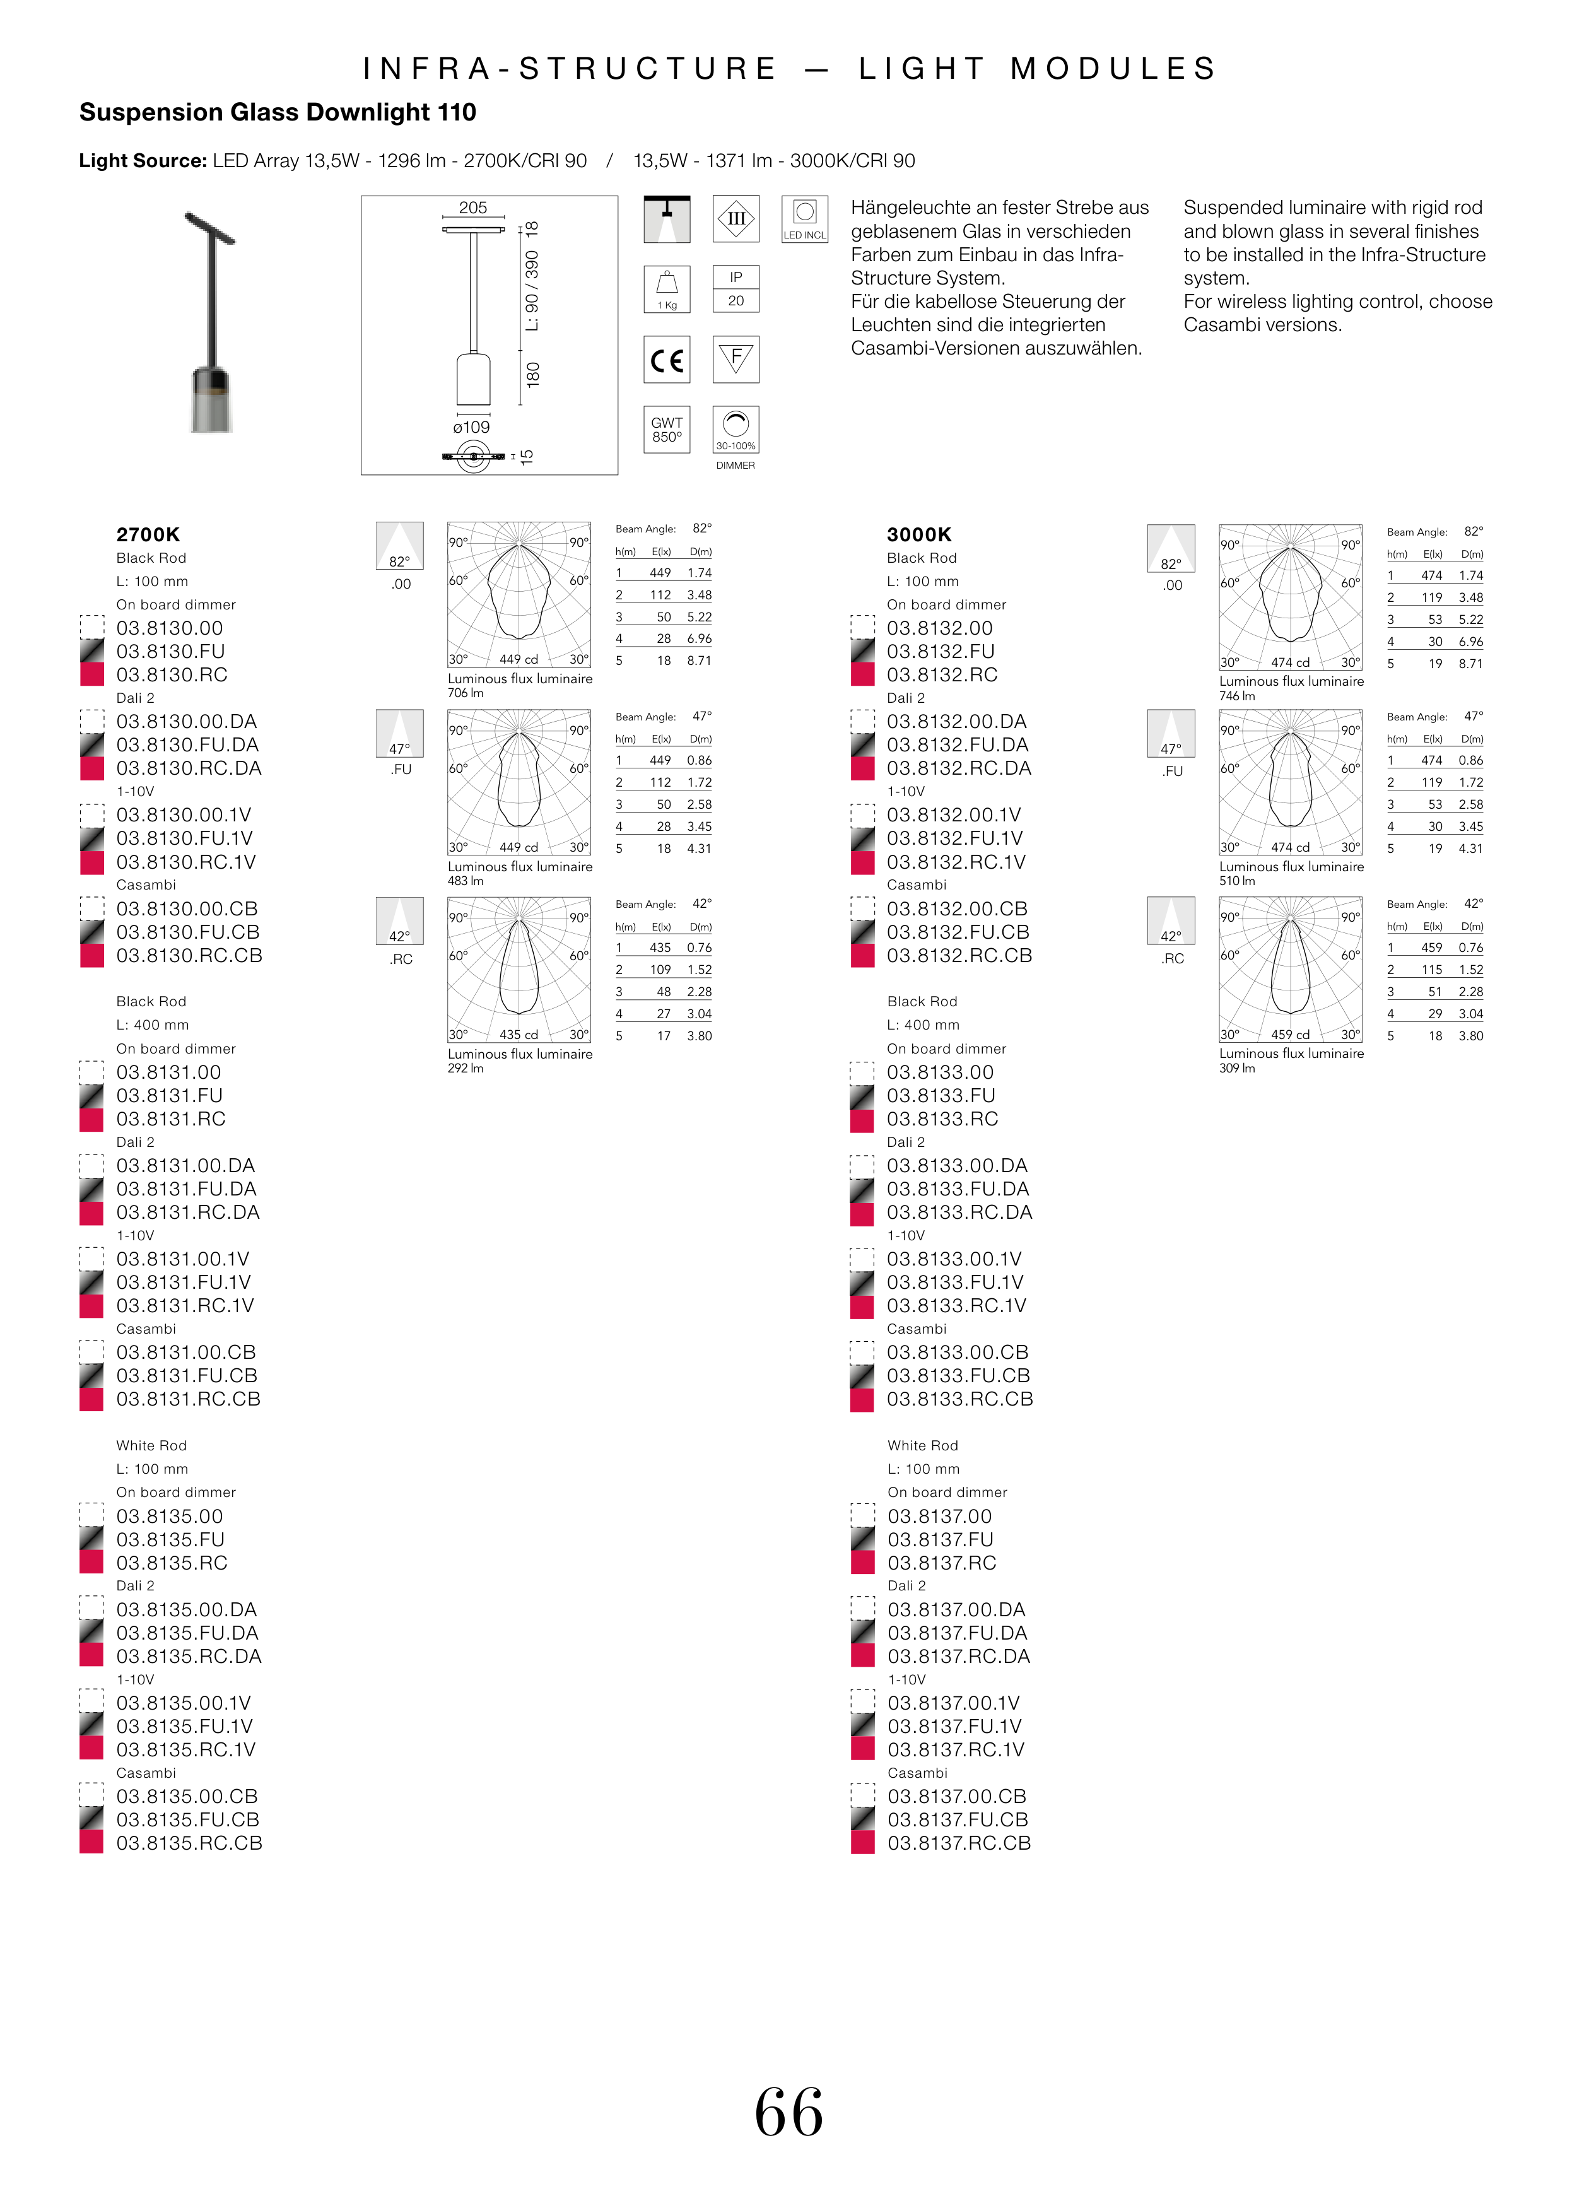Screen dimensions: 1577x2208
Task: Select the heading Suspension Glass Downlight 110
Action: click(278, 113)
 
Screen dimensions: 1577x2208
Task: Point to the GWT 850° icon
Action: click(667, 429)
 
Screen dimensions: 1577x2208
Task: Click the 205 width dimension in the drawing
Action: click(473, 208)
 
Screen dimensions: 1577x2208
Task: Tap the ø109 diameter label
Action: click(472, 427)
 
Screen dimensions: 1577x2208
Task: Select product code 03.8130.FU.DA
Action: click(187, 745)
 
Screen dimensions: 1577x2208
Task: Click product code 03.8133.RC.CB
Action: click(959, 1399)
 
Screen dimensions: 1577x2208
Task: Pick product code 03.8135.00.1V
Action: click(184, 1703)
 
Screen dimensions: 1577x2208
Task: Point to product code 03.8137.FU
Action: click(940, 1540)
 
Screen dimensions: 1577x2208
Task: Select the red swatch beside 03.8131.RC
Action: click(91, 1120)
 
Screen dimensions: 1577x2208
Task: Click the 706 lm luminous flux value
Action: click(465, 693)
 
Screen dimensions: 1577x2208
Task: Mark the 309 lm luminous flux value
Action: click(1237, 1068)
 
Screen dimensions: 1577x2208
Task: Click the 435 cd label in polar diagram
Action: click(519, 1035)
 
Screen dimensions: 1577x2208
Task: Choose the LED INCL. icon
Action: click(805, 220)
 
